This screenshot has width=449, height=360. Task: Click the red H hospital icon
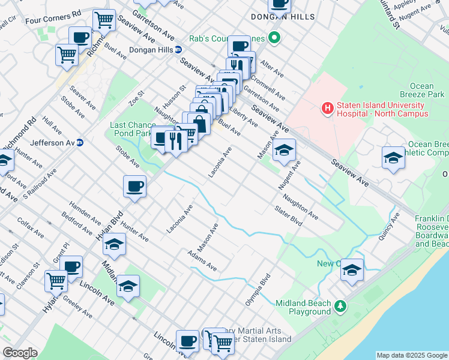328,109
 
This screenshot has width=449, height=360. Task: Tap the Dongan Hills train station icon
179,50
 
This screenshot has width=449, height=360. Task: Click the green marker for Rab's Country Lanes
274,39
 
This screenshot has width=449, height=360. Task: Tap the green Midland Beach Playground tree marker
340,307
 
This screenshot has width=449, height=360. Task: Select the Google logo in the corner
20,353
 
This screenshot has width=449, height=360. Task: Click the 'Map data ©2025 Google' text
411,355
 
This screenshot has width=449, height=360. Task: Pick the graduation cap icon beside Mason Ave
285,151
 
